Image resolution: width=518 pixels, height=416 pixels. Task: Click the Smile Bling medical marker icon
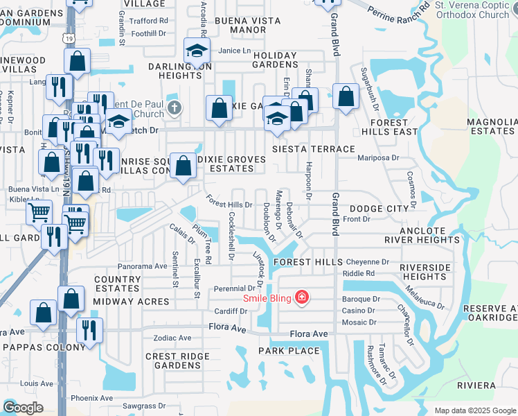301,298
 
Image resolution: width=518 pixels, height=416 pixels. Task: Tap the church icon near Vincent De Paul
174,108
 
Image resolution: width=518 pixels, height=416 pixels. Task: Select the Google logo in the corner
23,408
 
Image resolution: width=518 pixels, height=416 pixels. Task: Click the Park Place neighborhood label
289,351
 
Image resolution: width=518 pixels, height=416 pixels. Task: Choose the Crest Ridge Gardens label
172,361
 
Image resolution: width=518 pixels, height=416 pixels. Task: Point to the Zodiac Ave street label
175,338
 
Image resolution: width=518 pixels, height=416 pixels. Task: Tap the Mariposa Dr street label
378,157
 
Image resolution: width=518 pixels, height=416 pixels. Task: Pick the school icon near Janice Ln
197,50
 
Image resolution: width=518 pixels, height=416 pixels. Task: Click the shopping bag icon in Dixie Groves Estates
183,166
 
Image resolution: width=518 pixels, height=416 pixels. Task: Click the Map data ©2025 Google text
474,410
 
